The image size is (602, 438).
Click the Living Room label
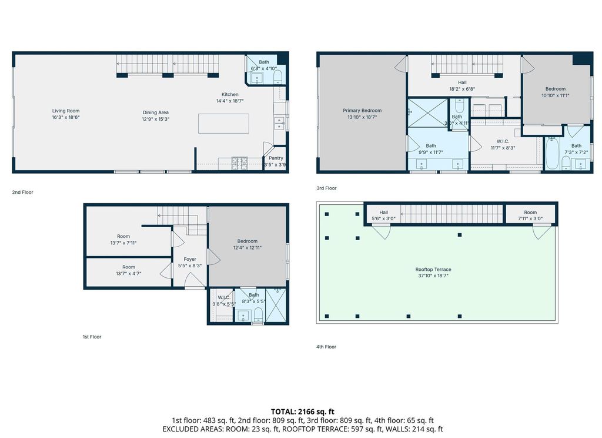pyautogui.click(x=66, y=111)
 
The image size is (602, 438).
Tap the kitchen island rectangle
pyautogui.click(x=223, y=124)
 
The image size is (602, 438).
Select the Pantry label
pyautogui.click(x=276, y=158)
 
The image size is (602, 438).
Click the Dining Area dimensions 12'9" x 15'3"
pyautogui.click(x=155, y=119)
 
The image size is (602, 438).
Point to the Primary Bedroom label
pyautogui.click(x=362, y=111)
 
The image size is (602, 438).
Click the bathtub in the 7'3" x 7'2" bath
pyautogui.click(x=552, y=154)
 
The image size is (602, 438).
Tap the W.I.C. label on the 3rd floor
pyautogui.click(x=503, y=141)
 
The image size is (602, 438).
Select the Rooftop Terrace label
pyautogui.click(x=433, y=270)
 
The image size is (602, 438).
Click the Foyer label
pyautogui.click(x=190, y=259)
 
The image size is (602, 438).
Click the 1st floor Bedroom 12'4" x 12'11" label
pyautogui.click(x=248, y=244)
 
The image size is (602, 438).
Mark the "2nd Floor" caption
pyautogui.click(x=23, y=193)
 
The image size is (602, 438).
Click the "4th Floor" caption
pyautogui.click(x=326, y=347)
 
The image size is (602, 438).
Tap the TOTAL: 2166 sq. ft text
pyautogui.click(x=303, y=412)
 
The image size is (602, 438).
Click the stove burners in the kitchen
pyautogui.click(x=240, y=163)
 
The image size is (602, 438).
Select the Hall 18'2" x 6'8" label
pyautogui.click(x=462, y=86)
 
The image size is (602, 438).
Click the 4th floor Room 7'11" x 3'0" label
pyautogui.click(x=530, y=215)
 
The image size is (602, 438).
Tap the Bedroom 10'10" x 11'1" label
pyautogui.click(x=555, y=92)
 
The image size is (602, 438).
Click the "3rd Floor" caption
pyautogui.click(x=326, y=188)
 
